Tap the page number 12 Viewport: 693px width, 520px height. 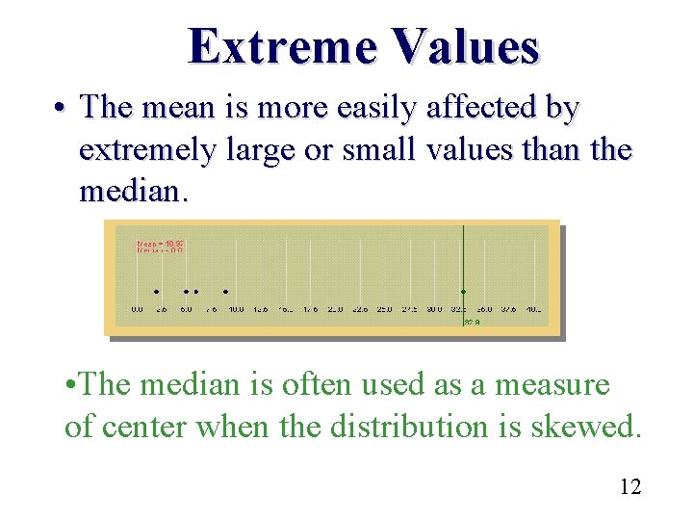click(x=630, y=486)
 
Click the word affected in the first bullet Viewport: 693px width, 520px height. click(x=458, y=108)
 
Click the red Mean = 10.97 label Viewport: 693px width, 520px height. click(x=160, y=244)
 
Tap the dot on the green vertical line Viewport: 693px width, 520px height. click(x=463, y=291)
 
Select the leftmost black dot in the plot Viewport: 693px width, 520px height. click(x=155, y=291)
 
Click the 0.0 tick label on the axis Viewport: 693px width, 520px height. click(x=137, y=309)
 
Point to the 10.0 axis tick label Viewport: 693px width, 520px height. click(x=235, y=309)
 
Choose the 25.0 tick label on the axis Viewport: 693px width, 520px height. click(x=384, y=309)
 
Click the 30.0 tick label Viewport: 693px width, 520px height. click(x=434, y=309)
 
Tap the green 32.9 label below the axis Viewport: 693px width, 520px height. click(x=472, y=323)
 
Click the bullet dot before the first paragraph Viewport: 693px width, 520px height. click(x=63, y=110)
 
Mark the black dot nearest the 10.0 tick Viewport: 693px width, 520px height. click(x=225, y=291)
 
